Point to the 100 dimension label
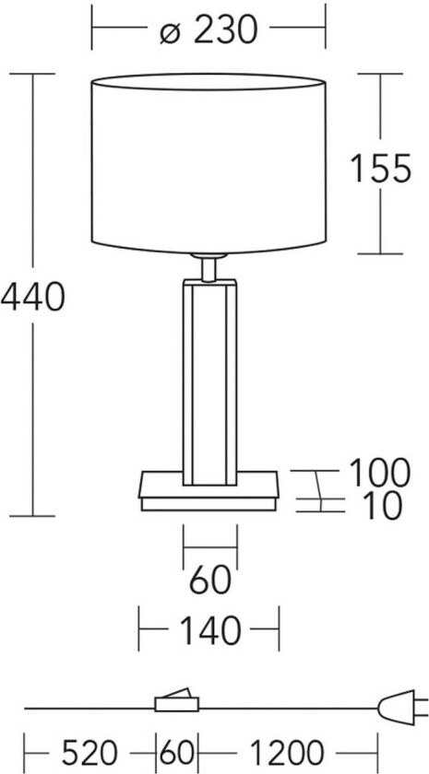pyautogui.click(x=378, y=473)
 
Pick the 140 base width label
pyautogui.click(x=209, y=632)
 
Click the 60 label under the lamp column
pyautogui.click(x=210, y=582)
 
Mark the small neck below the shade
pyautogui.click(x=209, y=268)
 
